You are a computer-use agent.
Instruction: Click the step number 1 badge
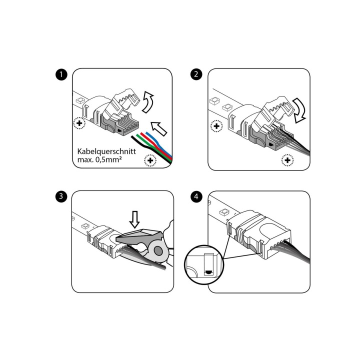pyautogui.click(x=60, y=75)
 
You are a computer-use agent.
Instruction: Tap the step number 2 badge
pyautogui.click(x=196, y=75)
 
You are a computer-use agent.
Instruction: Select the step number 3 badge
pyautogui.click(x=60, y=196)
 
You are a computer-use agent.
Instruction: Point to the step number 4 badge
pyautogui.click(x=196, y=196)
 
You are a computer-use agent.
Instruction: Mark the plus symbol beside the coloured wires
pyautogui.click(x=149, y=160)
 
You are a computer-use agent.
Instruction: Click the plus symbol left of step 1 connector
pyautogui.click(x=79, y=123)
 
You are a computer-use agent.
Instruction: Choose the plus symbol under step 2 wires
pyautogui.click(x=287, y=160)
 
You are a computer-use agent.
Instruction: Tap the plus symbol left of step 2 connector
pyautogui.click(x=216, y=126)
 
